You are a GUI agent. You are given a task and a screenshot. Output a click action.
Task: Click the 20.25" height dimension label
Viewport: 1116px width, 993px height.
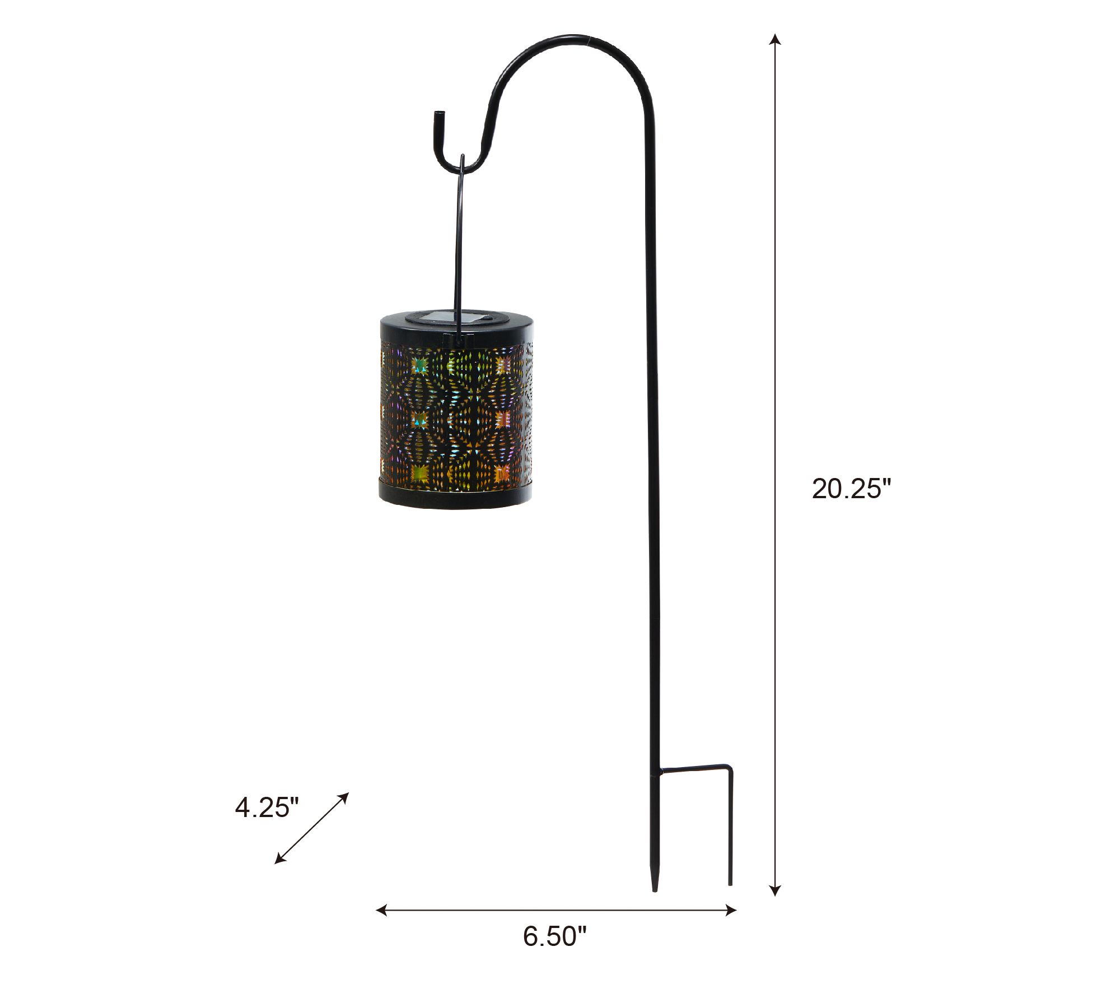coord(851,489)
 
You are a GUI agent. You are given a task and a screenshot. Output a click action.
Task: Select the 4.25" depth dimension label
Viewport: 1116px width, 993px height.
coord(267,808)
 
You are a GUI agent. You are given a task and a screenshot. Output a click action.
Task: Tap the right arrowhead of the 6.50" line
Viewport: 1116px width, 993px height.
coord(730,910)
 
